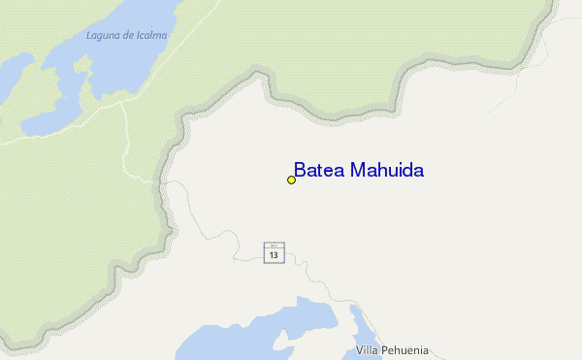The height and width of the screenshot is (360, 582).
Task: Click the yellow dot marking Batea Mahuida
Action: coord(291,180)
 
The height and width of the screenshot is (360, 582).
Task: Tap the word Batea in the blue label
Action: coord(314,171)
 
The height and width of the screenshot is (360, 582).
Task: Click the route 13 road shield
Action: coord(274,253)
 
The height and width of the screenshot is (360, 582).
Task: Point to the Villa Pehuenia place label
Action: coord(393,350)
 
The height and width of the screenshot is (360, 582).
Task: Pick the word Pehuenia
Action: coord(405,350)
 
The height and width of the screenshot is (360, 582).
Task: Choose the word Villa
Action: coord(368,350)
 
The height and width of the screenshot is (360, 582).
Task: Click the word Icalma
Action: coord(150,36)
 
